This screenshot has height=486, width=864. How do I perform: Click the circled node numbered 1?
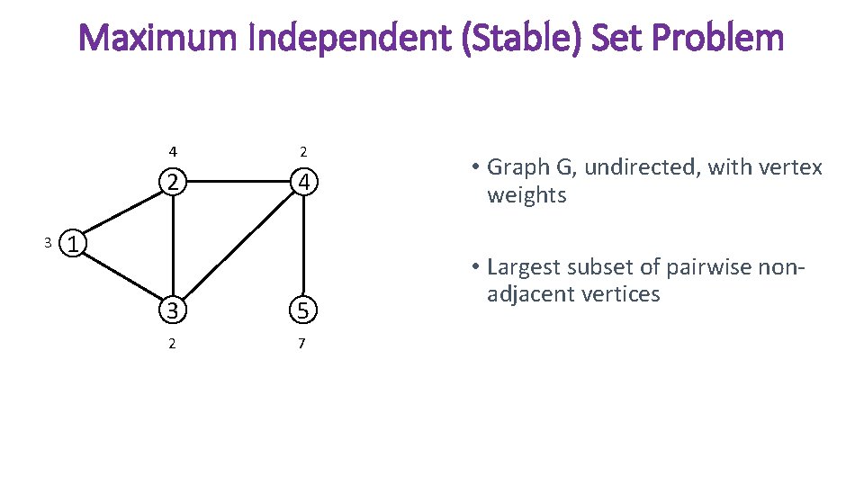coord(76,243)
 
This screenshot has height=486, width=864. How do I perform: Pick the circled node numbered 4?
coord(305,182)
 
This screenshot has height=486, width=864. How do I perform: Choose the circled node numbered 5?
coord(305,310)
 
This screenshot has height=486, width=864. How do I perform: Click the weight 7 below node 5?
coord(301,344)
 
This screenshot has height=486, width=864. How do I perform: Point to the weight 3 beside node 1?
coord(49,242)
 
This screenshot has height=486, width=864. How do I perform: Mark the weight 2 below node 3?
coord(172,344)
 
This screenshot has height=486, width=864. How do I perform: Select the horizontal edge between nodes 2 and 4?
coord(238,181)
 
